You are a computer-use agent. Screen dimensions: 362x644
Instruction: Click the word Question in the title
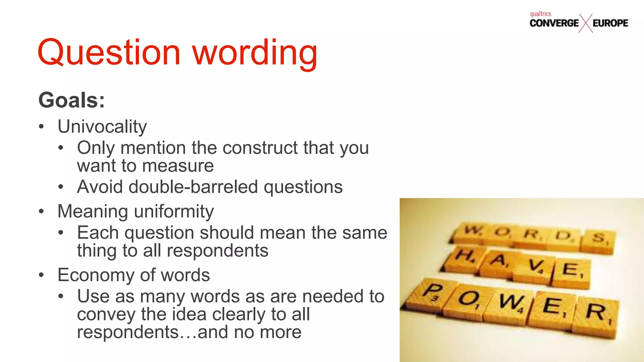108,52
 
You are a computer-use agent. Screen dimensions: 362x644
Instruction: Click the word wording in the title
255,53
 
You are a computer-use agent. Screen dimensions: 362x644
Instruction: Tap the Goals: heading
72,100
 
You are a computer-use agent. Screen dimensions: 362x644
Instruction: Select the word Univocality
102,127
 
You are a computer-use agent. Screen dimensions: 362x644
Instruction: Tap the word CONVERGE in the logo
554,23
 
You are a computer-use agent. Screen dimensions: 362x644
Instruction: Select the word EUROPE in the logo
610,23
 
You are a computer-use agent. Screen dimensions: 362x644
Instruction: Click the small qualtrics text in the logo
541,14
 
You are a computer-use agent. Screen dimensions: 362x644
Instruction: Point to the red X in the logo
586,23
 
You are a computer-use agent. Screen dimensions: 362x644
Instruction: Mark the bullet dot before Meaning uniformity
41,211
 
